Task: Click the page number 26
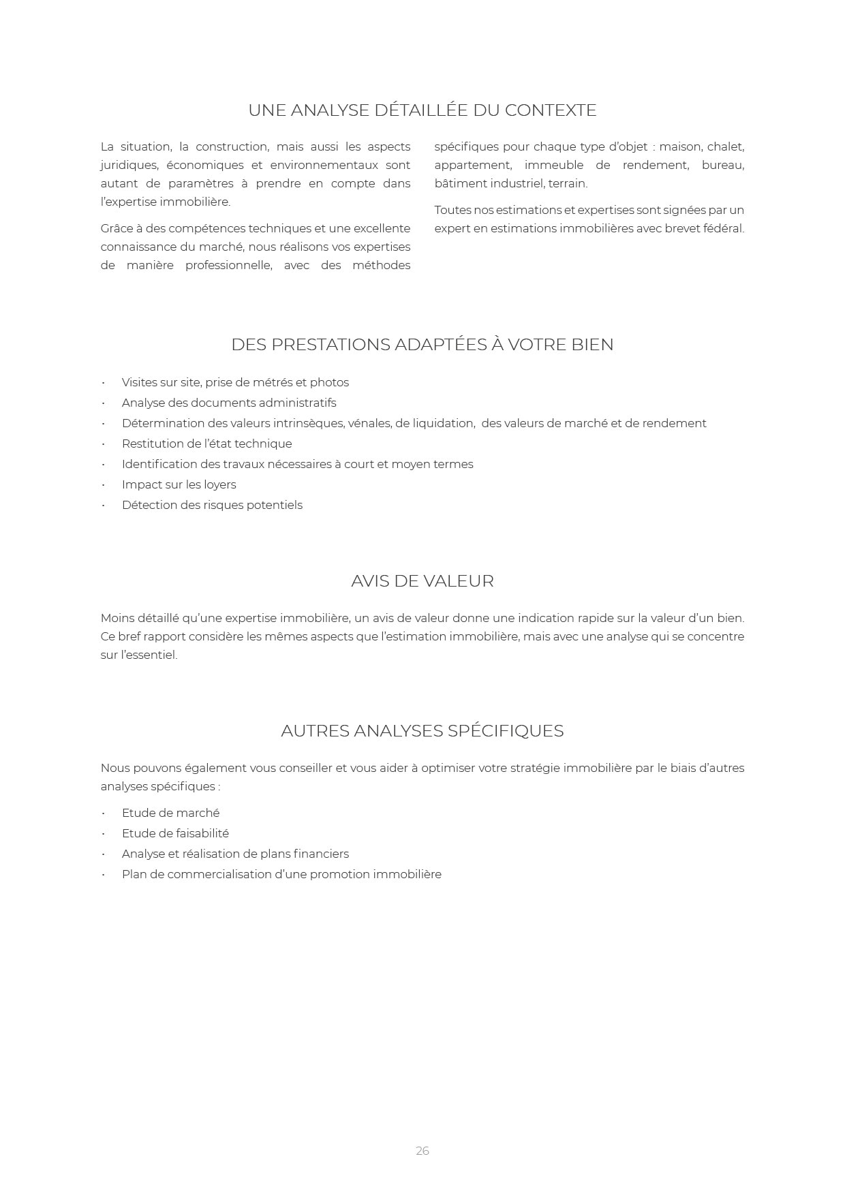[x=422, y=1151]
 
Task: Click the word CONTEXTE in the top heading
[x=551, y=110]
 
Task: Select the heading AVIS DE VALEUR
[x=422, y=581]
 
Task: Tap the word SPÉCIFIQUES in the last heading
[x=506, y=731]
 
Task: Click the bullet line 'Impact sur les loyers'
[x=179, y=484]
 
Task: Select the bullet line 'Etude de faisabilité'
[x=175, y=833]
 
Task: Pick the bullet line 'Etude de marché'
[x=170, y=813]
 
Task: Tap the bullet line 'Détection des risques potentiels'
[x=212, y=505]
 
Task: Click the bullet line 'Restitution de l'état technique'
[x=206, y=444]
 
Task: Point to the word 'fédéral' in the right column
[x=724, y=228]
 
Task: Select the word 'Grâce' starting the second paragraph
[x=117, y=228]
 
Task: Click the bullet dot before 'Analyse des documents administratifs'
[x=104, y=403]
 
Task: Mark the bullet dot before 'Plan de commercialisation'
[x=104, y=875]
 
